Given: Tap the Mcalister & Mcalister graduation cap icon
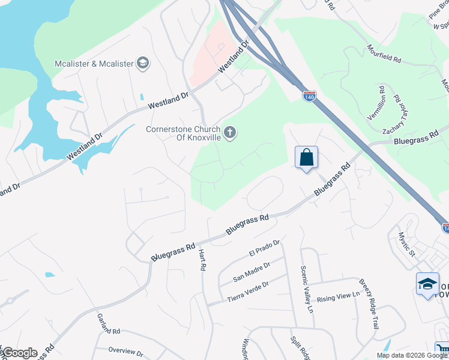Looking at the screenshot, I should click(x=143, y=62).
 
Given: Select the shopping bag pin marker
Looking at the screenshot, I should click(x=306, y=158).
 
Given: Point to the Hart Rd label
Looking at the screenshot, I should click(x=202, y=259).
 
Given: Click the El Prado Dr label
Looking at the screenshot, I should click(x=265, y=248).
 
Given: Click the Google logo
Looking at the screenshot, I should click(x=19, y=353).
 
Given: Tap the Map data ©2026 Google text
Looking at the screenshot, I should click(x=411, y=355).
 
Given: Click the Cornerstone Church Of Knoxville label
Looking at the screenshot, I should click(x=184, y=133).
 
